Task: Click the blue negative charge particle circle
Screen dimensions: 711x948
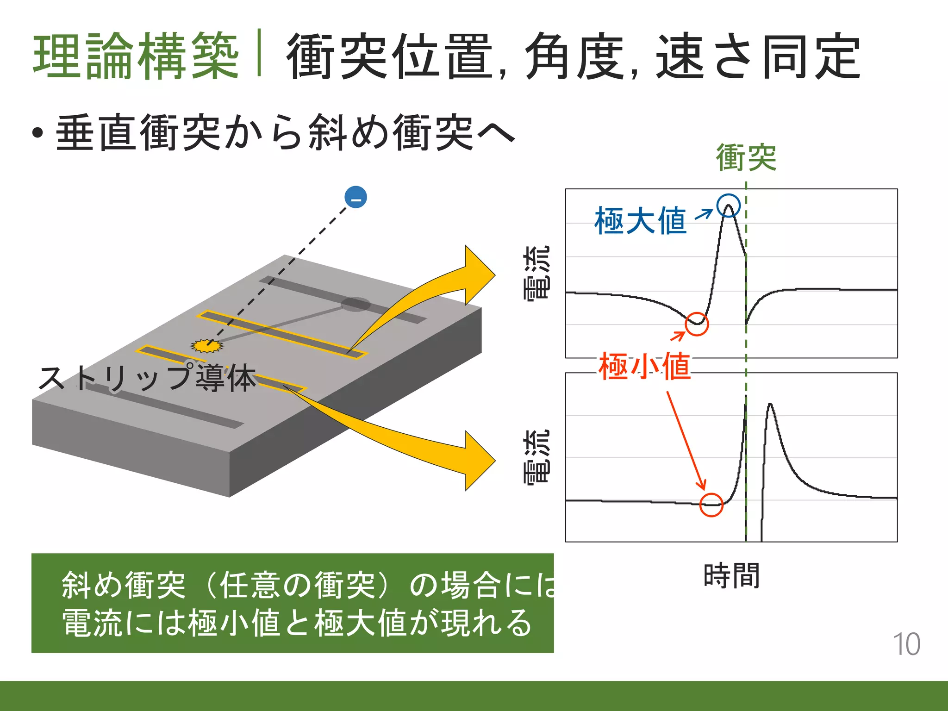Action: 355,197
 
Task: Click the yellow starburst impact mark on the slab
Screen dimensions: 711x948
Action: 207,346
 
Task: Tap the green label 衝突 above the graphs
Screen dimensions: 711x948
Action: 746,158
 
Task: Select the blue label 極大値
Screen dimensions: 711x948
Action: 641,221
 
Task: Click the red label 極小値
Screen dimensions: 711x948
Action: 644,366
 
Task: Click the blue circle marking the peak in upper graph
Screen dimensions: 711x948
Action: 729,205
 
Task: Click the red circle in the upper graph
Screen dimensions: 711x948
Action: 697,324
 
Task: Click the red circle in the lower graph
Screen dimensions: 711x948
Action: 711,505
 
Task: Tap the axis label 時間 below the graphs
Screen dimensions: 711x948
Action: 731,576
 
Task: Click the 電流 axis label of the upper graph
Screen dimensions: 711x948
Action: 537,273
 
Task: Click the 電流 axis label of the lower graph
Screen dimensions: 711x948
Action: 537,456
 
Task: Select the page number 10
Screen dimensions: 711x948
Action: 906,644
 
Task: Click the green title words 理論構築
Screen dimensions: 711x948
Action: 136,56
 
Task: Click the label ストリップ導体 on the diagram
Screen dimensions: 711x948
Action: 147,378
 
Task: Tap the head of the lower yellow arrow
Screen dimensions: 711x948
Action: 479,461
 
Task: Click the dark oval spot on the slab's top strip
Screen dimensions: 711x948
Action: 355,304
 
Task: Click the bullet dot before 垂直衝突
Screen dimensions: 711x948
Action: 38,133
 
